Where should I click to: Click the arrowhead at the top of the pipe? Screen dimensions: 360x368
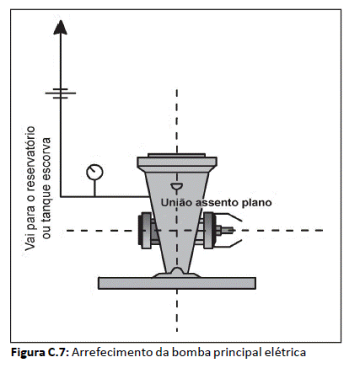60,28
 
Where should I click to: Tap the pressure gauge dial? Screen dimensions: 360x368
94,172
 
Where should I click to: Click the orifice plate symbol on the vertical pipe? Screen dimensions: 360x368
61,93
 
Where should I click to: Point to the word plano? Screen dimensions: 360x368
256,203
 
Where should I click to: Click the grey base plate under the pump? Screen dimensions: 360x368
177,283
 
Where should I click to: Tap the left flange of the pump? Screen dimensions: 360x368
146,231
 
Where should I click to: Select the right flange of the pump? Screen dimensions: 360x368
208,231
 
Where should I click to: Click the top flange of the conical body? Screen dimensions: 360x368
177,163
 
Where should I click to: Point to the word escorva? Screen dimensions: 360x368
46,156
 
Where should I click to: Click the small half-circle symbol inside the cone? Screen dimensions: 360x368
177,186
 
